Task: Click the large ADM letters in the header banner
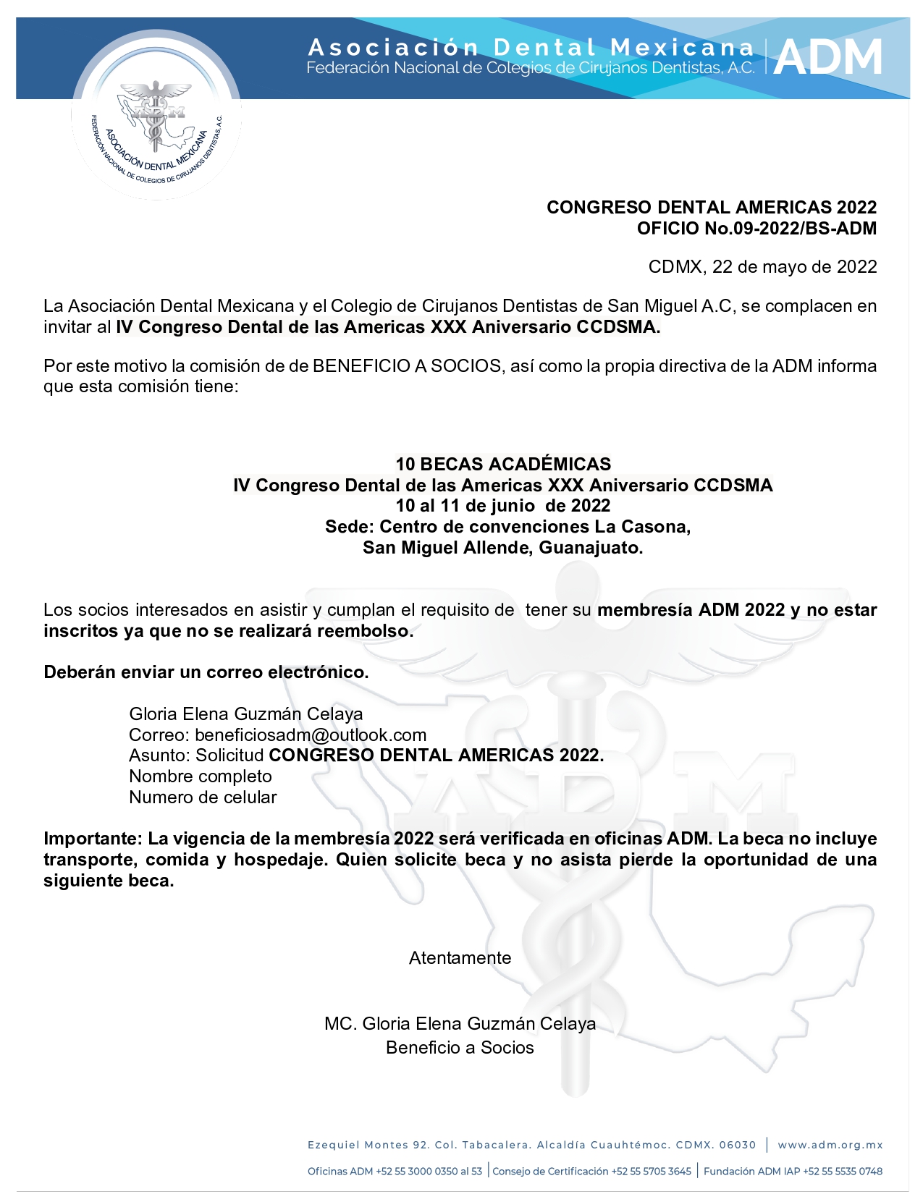(x=828, y=57)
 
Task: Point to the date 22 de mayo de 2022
(x=794, y=267)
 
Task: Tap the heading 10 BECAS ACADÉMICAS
(x=503, y=464)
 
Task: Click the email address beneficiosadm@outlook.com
(x=311, y=735)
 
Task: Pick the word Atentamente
(x=460, y=958)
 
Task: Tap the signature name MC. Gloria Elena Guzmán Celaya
(x=460, y=1024)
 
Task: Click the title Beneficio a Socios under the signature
(x=460, y=1048)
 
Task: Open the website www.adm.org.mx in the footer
(x=830, y=1145)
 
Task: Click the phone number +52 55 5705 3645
(x=651, y=1172)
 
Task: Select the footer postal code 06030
(x=738, y=1145)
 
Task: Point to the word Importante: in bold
(x=93, y=839)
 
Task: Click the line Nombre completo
(x=201, y=776)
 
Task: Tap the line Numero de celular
(x=203, y=797)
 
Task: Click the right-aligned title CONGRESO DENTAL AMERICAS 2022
(x=712, y=208)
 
